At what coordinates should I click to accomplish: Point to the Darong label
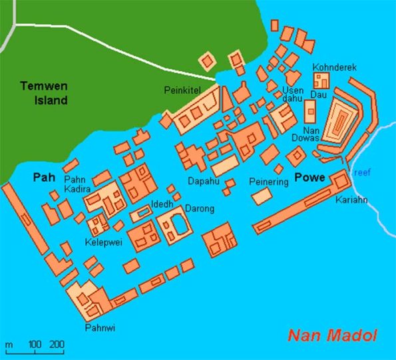pyautogui.click(x=199, y=209)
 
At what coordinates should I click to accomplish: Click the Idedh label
pyautogui.click(x=163, y=203)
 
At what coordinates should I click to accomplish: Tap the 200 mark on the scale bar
pyautogui.click(x=57, y=345)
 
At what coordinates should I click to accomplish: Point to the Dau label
pyautogui.click(x=317, y=95)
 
